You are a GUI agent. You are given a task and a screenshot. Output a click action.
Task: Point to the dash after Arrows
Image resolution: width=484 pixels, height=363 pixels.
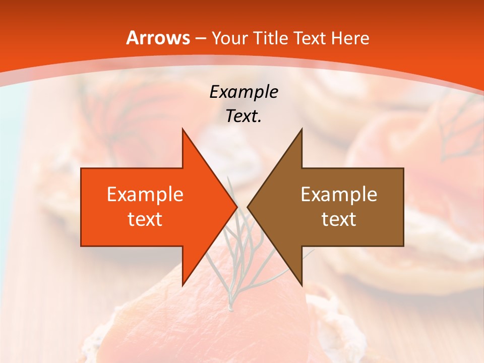click(201, 38)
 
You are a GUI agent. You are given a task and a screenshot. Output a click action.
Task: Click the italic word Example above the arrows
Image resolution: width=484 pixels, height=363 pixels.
click(244, 92)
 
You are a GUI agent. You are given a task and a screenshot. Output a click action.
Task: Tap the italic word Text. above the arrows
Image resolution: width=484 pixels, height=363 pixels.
click(244, 116)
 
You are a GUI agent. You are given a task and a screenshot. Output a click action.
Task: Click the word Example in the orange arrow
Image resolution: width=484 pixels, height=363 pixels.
click(145, 195)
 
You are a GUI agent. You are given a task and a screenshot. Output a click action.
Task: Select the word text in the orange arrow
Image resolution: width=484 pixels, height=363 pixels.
click(145, 219)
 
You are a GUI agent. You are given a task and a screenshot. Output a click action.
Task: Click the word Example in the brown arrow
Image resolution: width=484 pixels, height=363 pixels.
click(339, 195)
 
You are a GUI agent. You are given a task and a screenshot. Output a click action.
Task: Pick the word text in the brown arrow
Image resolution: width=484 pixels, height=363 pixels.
click(339, 219)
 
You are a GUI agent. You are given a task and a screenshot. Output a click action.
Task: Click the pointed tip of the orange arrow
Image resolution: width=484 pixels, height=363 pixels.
click(236, 207)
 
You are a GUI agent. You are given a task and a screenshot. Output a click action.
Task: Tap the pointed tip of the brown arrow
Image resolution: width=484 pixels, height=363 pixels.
click(248, 207)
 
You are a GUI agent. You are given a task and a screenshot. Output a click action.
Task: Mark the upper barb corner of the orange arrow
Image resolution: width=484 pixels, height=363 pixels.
click(183, 130)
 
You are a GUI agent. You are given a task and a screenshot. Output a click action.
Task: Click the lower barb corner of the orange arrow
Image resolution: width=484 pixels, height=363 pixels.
click(183, 285)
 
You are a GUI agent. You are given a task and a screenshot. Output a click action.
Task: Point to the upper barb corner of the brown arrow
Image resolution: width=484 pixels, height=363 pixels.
click(301, 130)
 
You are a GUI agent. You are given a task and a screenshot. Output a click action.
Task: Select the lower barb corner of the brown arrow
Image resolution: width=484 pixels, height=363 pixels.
click(301, 285)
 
